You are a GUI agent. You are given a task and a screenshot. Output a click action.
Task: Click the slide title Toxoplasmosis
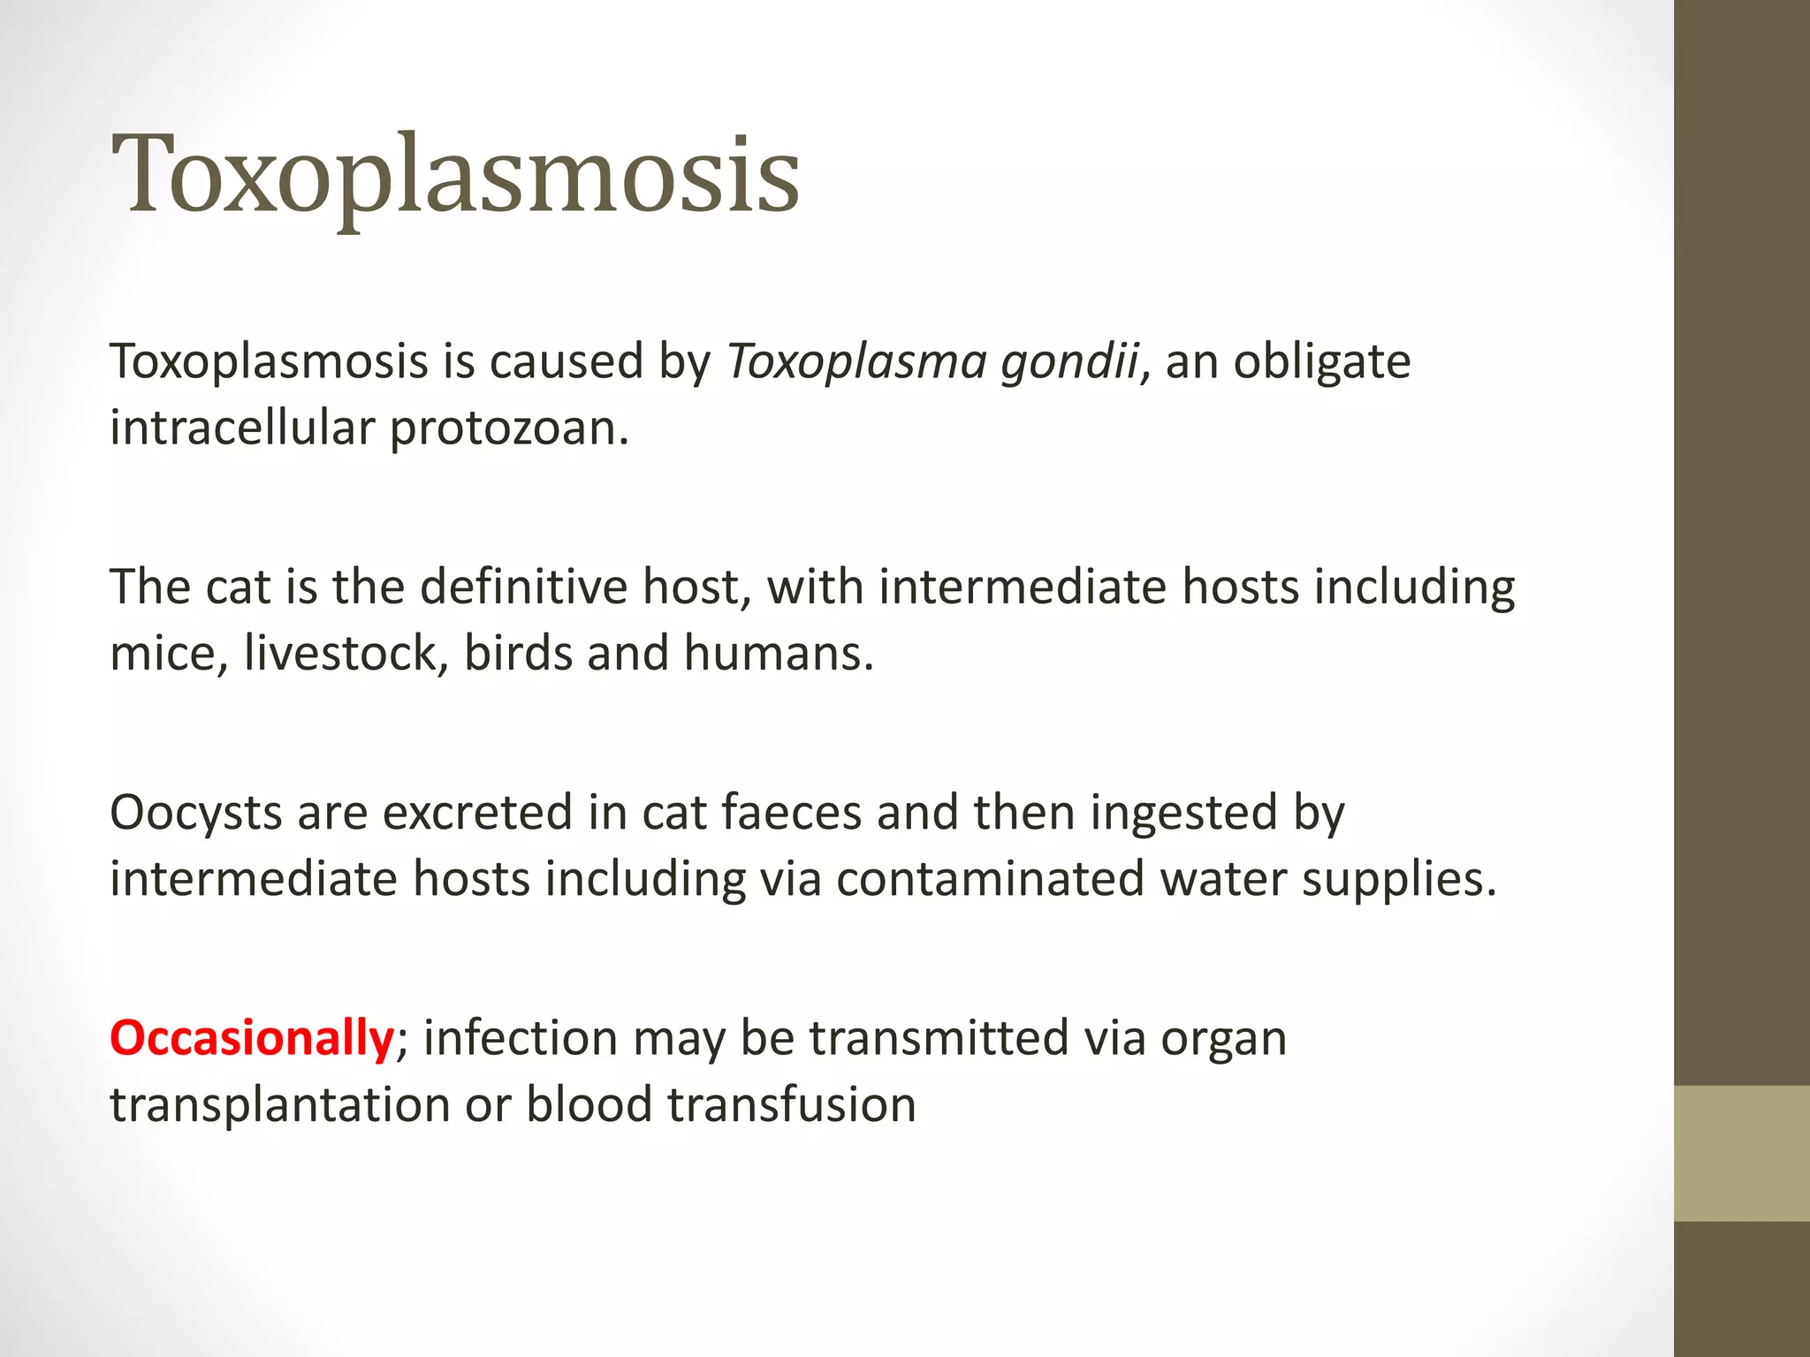tap(455, 174)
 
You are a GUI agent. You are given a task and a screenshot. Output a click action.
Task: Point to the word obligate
tap(1322, 362)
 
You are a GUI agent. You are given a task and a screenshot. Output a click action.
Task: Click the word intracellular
tap(242, 428)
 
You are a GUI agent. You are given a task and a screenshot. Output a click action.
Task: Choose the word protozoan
tap(509, 429)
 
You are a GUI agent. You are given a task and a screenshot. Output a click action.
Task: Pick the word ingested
tap(1183, 813)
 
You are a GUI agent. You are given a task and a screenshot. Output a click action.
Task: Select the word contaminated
tap(990, 879)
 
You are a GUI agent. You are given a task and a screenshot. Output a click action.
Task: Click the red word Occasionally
tap(252, 1038)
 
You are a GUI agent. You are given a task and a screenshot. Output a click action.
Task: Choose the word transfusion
tap(791, 1105)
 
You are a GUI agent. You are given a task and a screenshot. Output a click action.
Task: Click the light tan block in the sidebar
tap(1741, 1153)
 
